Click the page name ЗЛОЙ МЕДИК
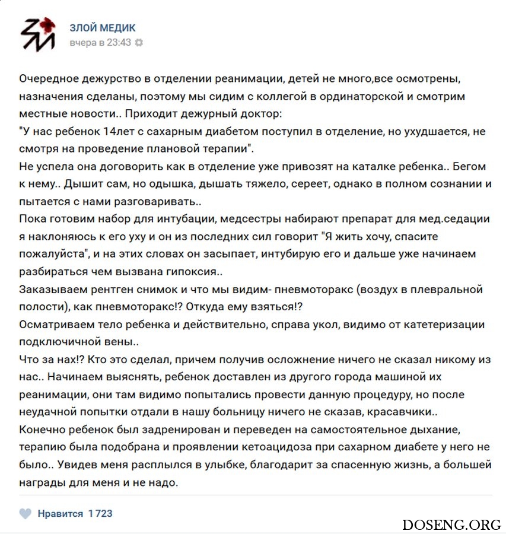point(103,28)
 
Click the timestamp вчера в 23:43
point(100,43)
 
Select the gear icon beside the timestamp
point(139,43)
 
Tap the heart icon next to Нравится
point(25,513)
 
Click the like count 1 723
point(100,513)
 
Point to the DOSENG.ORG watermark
point(451,524)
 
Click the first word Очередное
point(46,79)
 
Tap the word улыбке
point(205,465)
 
